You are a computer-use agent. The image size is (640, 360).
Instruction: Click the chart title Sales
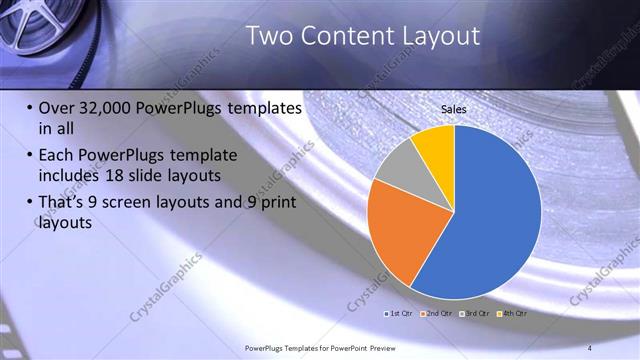[x=454, y=109]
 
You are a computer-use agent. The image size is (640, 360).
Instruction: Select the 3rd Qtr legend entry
[x=476, y=313]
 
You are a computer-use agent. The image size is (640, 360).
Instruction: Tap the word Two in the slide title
[x=267, y=36]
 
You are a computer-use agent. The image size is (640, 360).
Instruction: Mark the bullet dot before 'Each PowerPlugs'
[x=29, y=156]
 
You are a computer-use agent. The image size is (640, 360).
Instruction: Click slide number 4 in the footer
[x=589, y=347]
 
